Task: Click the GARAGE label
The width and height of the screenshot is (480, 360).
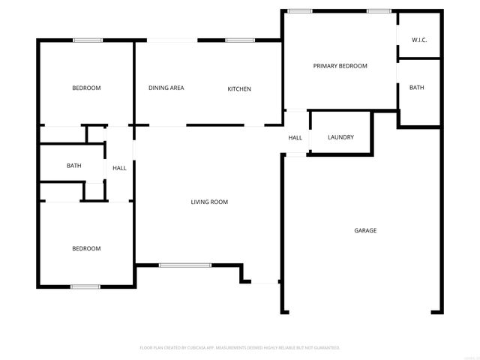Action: pyautogui.click(x=365, y=230)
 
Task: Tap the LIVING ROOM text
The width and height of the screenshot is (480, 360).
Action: pyautogui.click(x=209, y=202)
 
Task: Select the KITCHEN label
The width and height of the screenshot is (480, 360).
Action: pyautogui.click(x=239, y=89)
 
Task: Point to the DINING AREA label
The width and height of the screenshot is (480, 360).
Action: pyautogui.click(x=166, y=88)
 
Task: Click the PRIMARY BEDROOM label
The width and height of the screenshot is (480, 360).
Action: pyautogui.click(x=340, y=66)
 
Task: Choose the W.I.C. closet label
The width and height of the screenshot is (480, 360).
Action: pyautogui.click(x=419, y=40)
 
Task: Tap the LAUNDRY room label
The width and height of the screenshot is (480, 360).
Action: pyautogui.click(x=340, y=137)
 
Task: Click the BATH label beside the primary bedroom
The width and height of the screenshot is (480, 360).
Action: pyautogui.click(x=416, y=88)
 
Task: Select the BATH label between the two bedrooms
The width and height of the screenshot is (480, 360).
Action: pyautogui.click(x=73, y=166)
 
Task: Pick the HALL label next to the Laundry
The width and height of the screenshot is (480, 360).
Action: pyautogui.click(x=295, y=137)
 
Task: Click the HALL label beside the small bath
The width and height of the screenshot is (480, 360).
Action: pyautogui.click(x=119, y=168)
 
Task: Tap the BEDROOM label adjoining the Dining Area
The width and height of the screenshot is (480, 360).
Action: pyautogui.click(x=86, y=88)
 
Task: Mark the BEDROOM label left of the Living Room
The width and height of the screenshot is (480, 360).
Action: pyautogui.click(x=86, y=248)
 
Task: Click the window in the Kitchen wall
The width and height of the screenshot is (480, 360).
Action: pyautogui.click(x=239, y=40)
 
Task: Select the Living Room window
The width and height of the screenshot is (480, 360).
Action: pyautogui.click(x=185, y=264)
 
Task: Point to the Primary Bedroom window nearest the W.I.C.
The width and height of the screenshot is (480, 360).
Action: pyautogui.click(x=379, y=10)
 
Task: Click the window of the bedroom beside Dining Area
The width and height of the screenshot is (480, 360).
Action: pyautogui.click(x=88, y=40)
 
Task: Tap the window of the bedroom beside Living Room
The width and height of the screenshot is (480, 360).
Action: pyautogui.click(x=85, y=286)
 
